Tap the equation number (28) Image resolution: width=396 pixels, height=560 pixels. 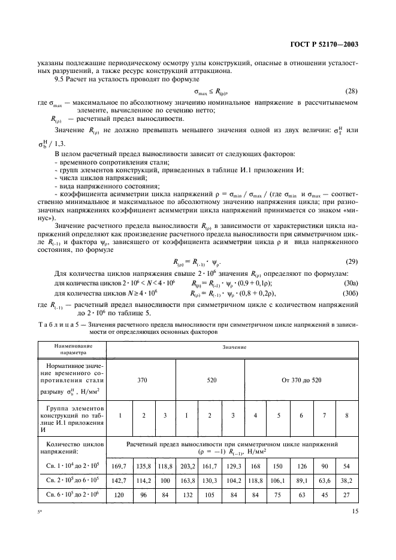pos(353,91)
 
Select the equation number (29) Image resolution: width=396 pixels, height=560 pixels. pos(353,245)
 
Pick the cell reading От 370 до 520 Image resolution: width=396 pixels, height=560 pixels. pos(301,379)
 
